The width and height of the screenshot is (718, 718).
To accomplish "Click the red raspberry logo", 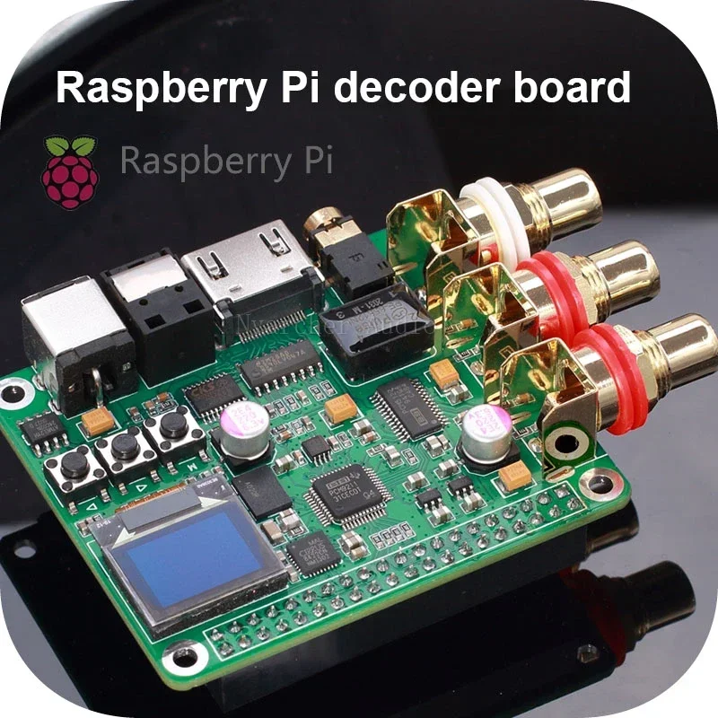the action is point(70,171).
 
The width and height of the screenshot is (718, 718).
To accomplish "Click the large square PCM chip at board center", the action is point(342,490).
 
